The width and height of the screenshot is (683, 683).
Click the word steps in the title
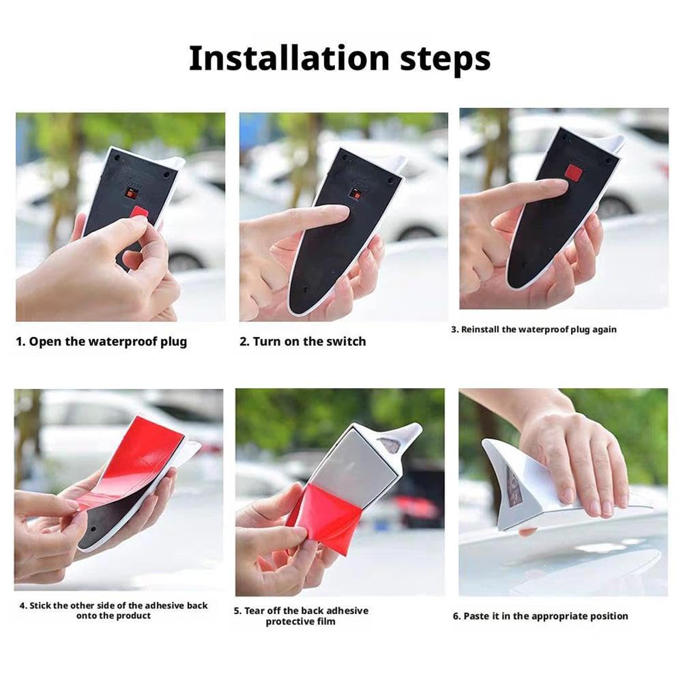point(445,60)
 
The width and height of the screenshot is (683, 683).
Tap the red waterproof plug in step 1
point(139,213)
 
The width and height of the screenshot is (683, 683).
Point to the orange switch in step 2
point(357,194)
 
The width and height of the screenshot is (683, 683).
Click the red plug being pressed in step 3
point(573,173)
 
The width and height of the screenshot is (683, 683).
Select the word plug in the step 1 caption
point(173,342)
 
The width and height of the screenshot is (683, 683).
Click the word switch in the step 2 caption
point(346,341)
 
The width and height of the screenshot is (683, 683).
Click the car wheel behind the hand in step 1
point(185,261)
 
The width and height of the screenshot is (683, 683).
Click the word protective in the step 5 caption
point(287,622)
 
